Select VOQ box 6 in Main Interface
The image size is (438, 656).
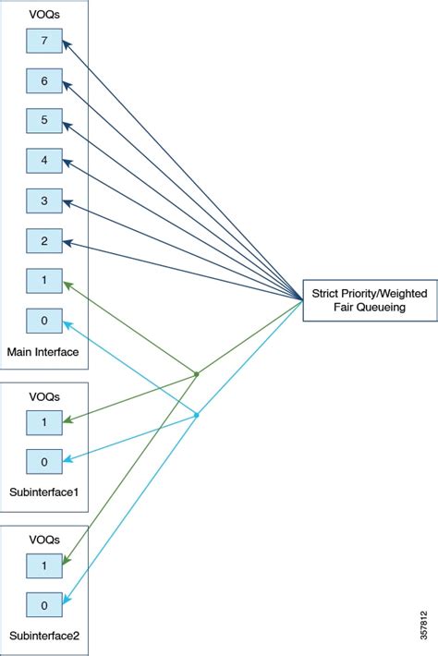(x=43, y=80)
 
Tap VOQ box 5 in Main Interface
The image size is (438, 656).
(x=43, y=120)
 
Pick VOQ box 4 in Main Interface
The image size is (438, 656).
(x=43, y=161)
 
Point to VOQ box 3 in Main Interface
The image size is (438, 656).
(x=43, y=200)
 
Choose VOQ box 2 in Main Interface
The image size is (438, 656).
(x=43, y=240)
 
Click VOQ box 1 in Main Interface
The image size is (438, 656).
(x=43, y=281)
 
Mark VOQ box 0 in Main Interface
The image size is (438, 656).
(x=43, y=321)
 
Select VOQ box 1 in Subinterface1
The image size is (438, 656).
(x=43, y=420)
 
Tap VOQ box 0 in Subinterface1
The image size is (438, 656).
(x=43, y=460)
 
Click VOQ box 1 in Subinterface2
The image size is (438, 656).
(x=43, y=565)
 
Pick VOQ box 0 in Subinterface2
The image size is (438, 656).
(x=43, y=605)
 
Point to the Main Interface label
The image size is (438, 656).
(x=43, y=351)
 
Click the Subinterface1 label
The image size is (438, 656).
(x=44, y=492)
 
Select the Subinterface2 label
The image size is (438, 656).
(x=44, y=637)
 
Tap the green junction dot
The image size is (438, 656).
(x=197, y=374)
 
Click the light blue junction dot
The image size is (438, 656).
(x=196, y=415)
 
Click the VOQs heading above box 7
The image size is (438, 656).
(x=43, y=14)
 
